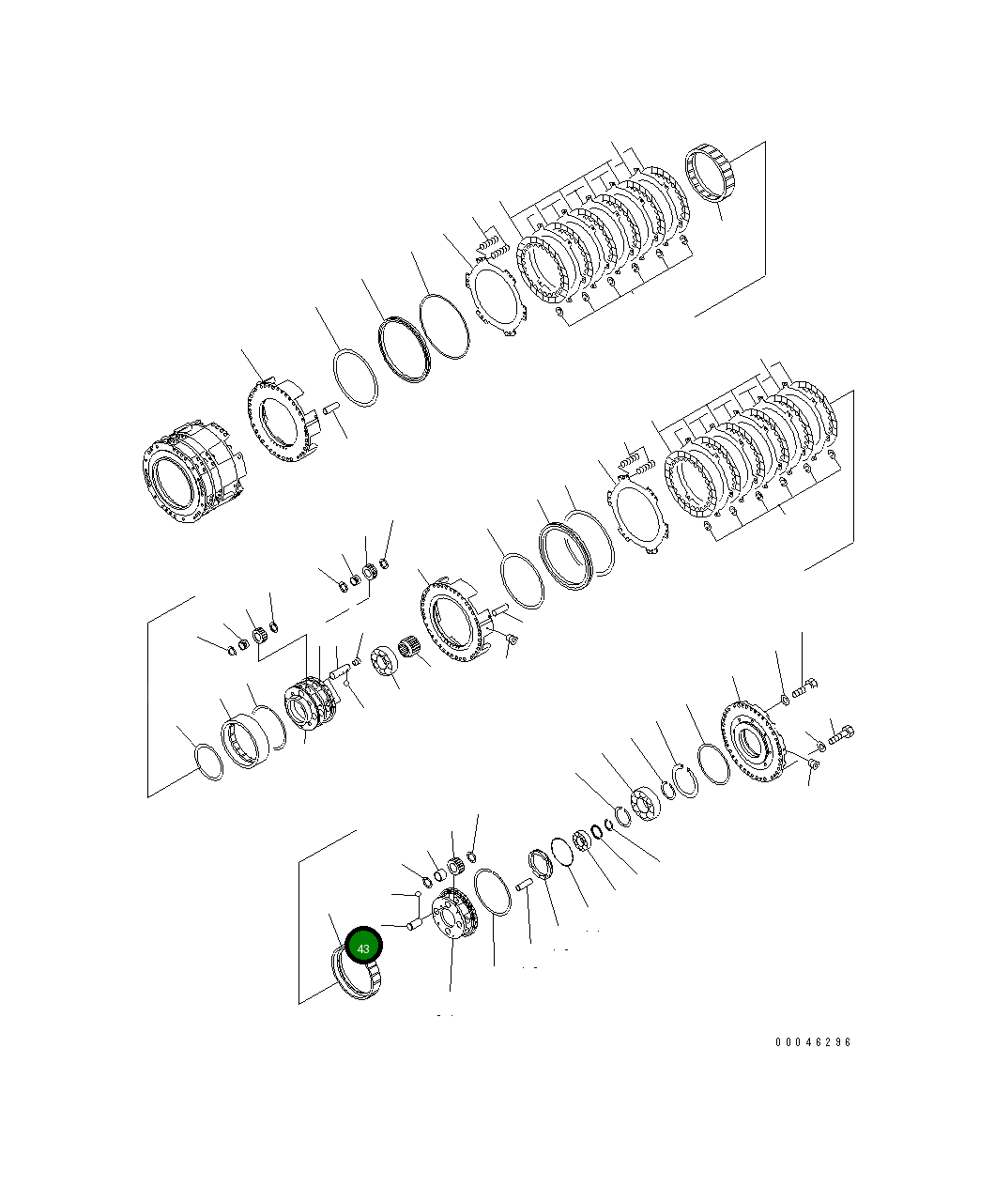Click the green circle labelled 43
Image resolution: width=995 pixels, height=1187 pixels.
point(363,945)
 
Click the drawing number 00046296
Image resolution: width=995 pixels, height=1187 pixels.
point(813,1042)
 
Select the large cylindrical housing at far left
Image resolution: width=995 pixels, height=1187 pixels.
point(194,471)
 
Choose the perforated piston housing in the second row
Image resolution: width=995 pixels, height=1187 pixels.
point(454,620)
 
